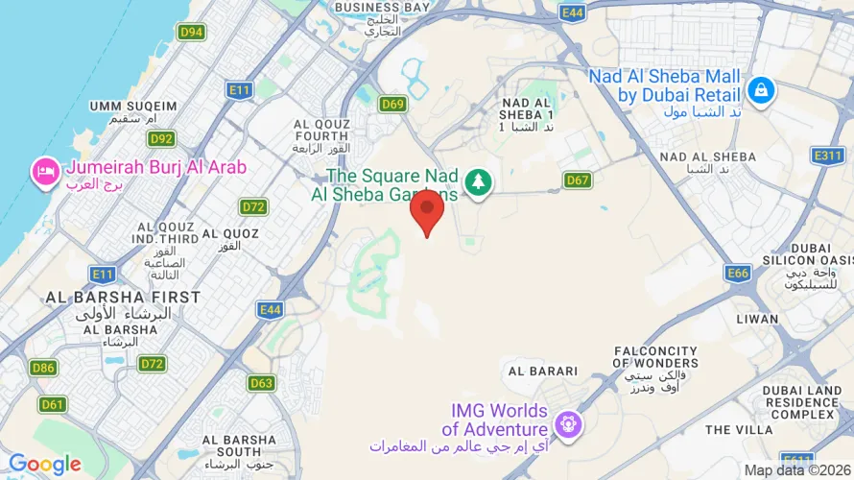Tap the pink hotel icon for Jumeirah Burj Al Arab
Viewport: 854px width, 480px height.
(x=45, y=172)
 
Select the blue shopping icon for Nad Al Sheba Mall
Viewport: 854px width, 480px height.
(x=761, y=91)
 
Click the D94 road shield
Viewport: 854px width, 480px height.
(x=192, y=32)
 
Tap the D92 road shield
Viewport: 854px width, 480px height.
(x=161, y=139)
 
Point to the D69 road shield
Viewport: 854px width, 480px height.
(x=391, y=104)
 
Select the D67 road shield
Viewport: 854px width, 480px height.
(x=577, y=180)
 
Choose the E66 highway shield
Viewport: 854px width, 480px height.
(x=738, y=274)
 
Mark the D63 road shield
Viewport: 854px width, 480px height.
(x=261, y=383)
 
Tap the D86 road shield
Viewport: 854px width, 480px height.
(x=42, y=368)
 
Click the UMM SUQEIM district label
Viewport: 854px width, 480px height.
(x=133, y=106)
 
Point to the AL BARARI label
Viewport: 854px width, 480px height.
(x=543, y=371)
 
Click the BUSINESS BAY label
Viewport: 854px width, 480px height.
(x=382, y=8)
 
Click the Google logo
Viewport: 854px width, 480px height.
(x=44, y=465)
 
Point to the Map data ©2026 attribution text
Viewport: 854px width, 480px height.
(x=796, y=470)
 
